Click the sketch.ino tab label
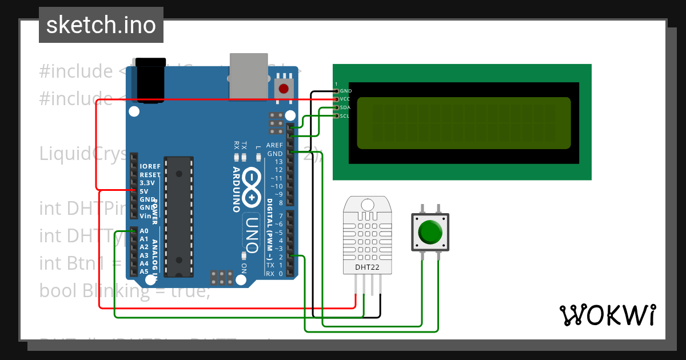101,25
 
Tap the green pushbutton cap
430,233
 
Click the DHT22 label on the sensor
365,266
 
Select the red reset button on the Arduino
283,89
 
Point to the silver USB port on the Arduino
249,74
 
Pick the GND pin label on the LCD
346,91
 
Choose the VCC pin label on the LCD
345,99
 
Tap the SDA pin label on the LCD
345,107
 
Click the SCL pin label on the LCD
345,116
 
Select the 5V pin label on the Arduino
144,191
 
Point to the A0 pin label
144,231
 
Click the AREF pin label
274,145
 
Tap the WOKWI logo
608,315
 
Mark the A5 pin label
144,271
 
